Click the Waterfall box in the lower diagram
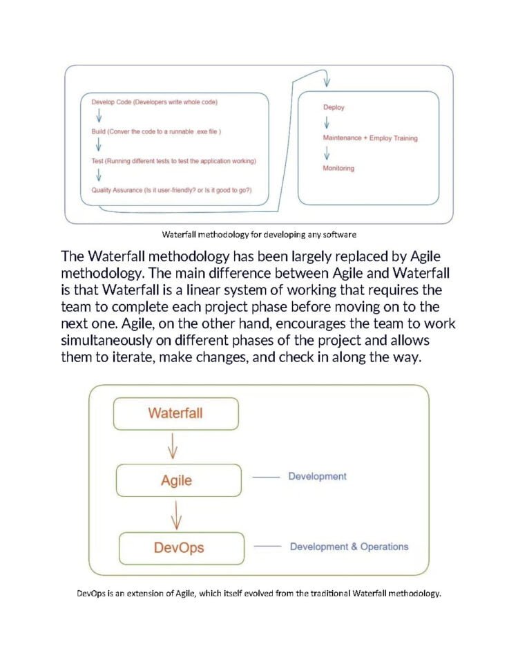[175, 414]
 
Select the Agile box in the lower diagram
[177, 480]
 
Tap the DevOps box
[179, 548]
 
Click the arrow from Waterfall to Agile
[173, 447]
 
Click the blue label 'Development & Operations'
[349, 547]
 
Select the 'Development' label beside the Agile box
[317, 476]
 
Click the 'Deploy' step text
[334, 107]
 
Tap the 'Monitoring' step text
[338, 169]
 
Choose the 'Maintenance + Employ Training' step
[370, 138]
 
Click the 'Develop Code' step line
[155, 102]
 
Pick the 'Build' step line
[156, 131]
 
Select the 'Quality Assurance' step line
[171, 190]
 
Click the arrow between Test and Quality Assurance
[98, 176]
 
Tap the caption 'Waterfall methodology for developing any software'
[259, 233]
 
